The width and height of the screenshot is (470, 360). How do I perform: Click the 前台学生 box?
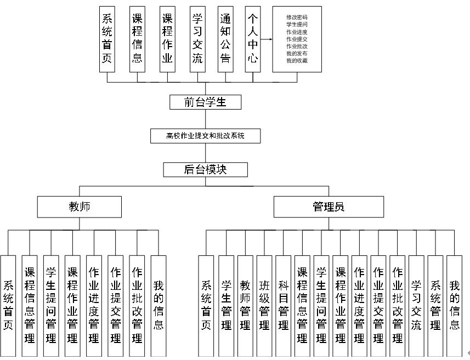205,102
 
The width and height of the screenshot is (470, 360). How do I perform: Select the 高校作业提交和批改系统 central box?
205,135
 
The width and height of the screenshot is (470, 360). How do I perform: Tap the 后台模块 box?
205,170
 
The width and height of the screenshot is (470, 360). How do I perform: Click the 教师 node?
80,207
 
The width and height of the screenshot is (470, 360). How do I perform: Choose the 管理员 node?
329,207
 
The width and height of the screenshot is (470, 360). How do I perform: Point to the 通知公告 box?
225,39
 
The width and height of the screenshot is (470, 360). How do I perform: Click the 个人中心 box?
252,39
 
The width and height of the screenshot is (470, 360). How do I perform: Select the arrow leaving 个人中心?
266,39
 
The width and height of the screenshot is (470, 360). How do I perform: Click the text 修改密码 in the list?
297,17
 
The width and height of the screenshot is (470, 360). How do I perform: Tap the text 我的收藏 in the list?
297,60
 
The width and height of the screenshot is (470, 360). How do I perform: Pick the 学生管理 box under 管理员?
226,301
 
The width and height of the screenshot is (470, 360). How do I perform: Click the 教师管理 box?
245,301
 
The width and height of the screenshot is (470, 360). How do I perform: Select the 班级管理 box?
264,301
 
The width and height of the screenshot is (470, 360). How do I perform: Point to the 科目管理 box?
283,301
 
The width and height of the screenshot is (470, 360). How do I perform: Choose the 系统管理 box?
435,301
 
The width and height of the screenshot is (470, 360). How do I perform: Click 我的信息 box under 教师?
158,301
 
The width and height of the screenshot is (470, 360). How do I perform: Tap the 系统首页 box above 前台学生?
107,39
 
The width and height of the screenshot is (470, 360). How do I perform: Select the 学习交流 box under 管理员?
416,301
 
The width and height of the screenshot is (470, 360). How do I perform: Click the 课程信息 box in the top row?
137,39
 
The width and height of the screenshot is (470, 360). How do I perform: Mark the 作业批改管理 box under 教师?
137,301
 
